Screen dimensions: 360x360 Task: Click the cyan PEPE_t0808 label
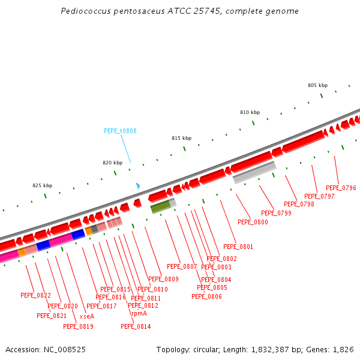120,131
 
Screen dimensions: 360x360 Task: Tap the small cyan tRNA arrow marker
138,186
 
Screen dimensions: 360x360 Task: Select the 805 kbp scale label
317,85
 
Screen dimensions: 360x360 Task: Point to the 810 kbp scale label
250,112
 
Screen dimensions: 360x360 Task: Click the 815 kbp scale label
181,138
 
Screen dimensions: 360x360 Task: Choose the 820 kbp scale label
112,163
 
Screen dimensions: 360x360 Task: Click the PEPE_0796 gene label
341,188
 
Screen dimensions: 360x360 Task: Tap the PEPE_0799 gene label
276,213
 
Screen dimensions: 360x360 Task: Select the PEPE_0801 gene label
238,247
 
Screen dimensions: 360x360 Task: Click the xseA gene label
87,316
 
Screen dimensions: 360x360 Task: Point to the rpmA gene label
139,313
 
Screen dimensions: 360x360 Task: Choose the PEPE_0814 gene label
136,326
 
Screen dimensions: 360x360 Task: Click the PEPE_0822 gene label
35,295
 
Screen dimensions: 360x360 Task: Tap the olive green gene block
161,207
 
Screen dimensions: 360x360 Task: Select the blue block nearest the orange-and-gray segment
78,234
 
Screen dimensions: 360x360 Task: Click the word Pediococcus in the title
83,11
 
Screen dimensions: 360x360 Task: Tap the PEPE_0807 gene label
182,266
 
